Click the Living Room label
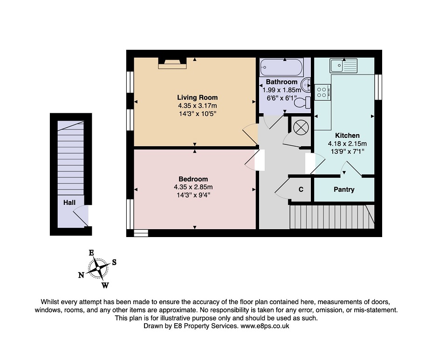[197, 97]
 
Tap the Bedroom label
[193, 179]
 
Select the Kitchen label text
[347, 136]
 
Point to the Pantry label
[344, 190]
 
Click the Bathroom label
[281, 82]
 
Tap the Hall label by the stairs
[69, 203]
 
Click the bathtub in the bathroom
[281, 67]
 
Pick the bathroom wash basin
[306, 85]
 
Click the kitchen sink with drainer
[343, 66]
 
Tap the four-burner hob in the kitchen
[322, 92]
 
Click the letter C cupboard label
[301, 190]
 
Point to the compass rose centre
[98, 268]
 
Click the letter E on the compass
[91, 253]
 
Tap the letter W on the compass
[105, 285]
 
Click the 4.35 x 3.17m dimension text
[197, 106]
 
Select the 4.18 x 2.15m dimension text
[347, 143]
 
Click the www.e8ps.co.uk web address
[265, 326]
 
